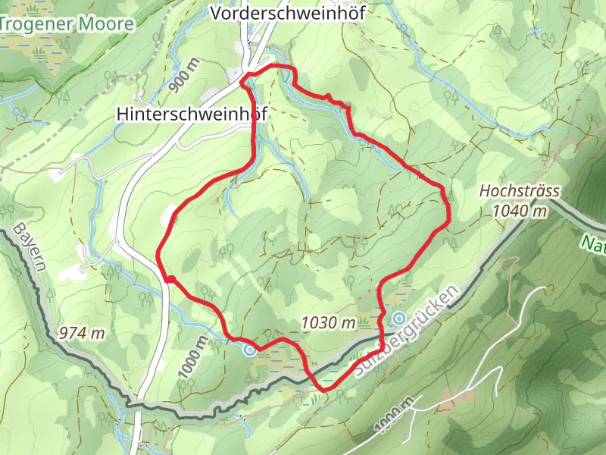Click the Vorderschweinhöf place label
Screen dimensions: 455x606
287,14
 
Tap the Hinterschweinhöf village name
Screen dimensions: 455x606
192,113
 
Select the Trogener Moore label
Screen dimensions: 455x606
67,24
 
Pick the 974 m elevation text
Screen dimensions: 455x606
81,332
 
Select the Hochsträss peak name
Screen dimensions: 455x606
512,193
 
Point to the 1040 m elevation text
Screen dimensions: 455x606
519,211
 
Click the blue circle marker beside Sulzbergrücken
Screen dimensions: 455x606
398,318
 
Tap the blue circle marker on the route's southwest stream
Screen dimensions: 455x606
249,350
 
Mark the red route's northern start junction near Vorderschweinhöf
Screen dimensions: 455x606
244,80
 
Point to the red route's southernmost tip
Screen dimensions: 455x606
325,389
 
